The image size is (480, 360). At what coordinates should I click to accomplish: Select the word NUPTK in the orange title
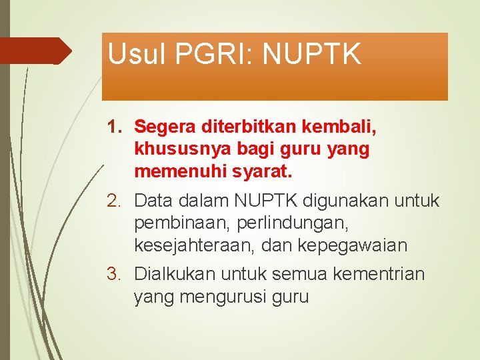pos(313,54)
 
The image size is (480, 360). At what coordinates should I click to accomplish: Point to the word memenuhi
pos(180,172)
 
